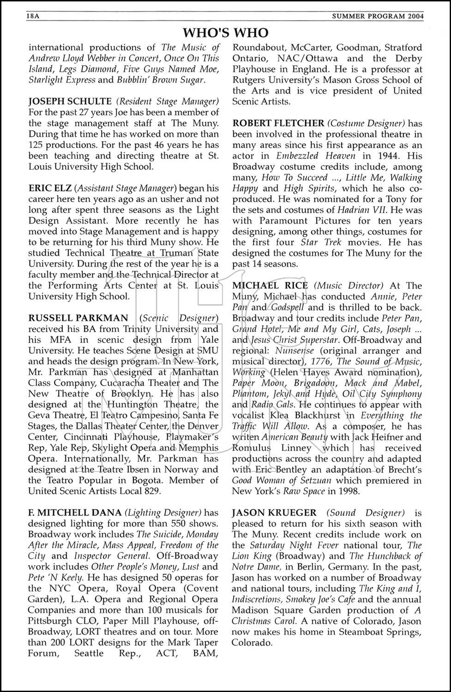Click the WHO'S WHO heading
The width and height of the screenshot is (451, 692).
tap(225, 33)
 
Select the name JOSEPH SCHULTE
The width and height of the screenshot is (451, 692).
tap(70, 101)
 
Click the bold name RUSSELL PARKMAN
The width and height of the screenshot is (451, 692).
tap(78, 318)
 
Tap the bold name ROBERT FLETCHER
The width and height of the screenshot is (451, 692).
tap(278, 123)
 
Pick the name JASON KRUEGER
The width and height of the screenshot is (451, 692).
tap(274, 513)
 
